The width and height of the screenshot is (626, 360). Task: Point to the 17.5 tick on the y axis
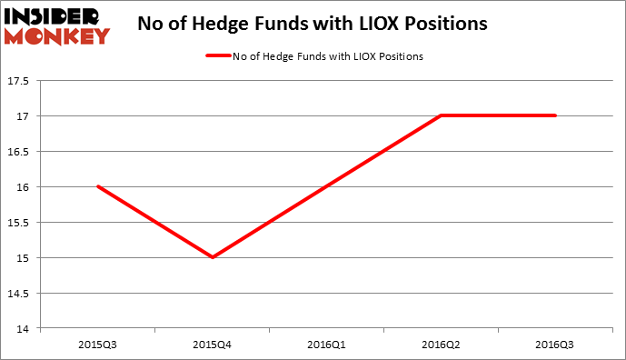18,81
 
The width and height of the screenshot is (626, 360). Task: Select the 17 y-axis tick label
24,116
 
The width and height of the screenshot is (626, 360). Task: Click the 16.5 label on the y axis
18,152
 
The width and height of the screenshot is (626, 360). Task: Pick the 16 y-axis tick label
24,187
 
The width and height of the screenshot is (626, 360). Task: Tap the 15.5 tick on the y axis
18,223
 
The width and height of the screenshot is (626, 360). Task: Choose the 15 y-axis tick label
24,258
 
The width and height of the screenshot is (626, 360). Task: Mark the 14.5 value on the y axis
18,294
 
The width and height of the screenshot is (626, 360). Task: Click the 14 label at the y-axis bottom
24,329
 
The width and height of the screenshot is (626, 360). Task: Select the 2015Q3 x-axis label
98,345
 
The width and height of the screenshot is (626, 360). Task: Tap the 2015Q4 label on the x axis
213,345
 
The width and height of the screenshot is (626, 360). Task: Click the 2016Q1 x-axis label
327,345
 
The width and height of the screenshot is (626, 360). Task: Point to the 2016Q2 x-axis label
442,345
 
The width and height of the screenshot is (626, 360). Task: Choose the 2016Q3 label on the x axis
556,345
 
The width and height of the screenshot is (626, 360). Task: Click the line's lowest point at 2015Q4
213,257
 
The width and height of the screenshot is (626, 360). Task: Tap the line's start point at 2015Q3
98,186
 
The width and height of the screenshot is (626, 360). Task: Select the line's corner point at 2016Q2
442,115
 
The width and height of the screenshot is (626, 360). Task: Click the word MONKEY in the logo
57,35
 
